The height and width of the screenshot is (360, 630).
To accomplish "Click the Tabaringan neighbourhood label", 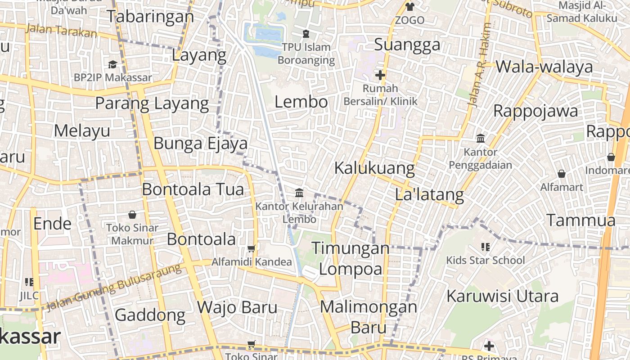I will (150, 17).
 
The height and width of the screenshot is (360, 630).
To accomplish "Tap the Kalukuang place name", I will (374, 168).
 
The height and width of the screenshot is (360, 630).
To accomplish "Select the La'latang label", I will (429, 195).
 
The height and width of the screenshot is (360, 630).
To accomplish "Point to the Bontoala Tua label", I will (193, 189).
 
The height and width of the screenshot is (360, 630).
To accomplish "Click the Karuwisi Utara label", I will (502, 296).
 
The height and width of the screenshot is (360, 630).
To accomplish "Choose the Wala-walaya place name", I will (544, 67).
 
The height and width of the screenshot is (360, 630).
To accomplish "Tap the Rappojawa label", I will (535, 111).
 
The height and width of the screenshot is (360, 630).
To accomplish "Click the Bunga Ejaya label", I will (201, 144).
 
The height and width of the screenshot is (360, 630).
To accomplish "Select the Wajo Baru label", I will (237, 308).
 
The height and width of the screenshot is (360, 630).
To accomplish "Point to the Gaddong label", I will (150, 315).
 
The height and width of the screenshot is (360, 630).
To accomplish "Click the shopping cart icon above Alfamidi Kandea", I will (252, 248).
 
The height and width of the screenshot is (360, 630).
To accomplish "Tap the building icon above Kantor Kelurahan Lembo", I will (299, 193).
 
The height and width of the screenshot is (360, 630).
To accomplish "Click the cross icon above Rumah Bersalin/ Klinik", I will (380, 75).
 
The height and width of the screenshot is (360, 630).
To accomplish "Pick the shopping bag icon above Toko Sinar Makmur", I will (132, 215).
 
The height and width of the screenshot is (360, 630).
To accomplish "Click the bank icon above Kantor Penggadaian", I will (480, 138).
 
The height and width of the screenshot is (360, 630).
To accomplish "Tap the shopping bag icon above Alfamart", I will (561, 174).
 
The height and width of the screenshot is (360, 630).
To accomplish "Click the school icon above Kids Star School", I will (485, 247).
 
